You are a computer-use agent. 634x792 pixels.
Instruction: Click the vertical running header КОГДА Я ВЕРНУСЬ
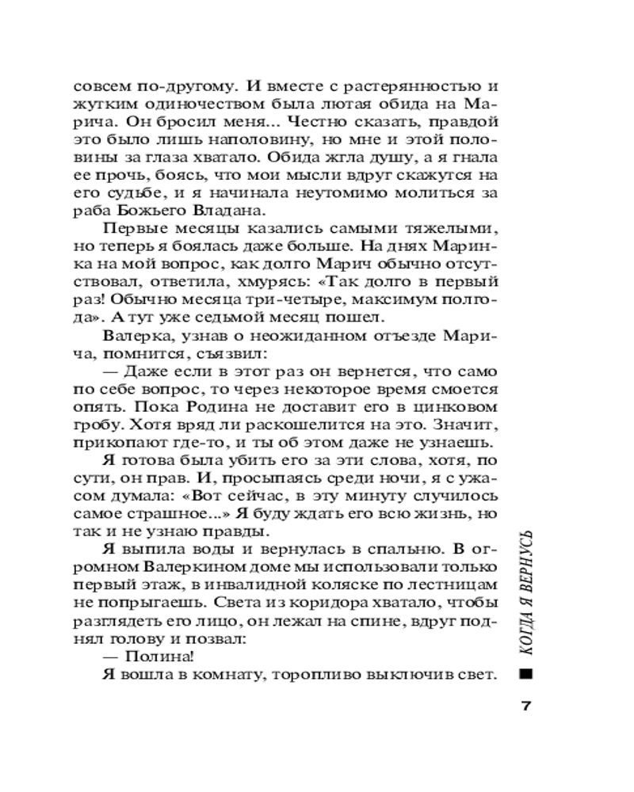[x=525, y=591]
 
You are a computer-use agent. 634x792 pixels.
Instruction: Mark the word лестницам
[x=453, y=584]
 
